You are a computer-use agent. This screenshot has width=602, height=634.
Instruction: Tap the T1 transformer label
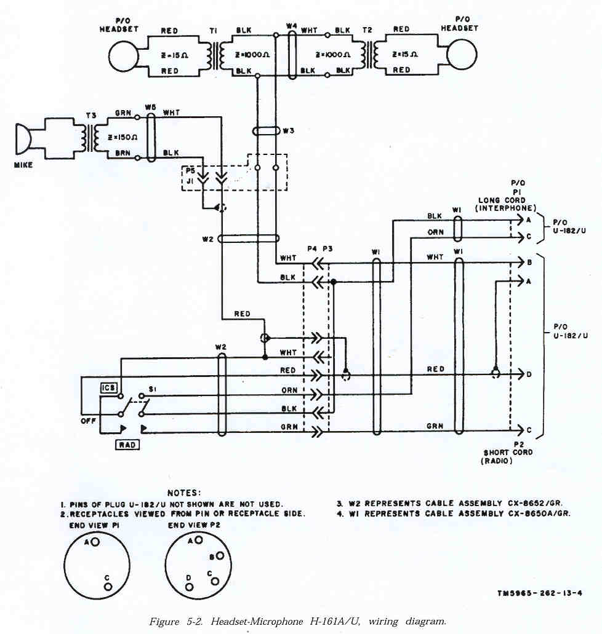(x=214, y=31)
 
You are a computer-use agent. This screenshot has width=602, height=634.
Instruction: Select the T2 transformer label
(x=367, y=30)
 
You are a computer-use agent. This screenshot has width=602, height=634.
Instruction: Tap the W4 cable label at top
(x=292, y=26)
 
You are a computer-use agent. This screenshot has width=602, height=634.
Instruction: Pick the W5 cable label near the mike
(x=150, y=107)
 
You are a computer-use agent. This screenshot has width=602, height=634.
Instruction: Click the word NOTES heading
(x=183, y=493)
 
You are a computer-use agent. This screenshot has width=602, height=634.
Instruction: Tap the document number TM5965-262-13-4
(x=540, y=593)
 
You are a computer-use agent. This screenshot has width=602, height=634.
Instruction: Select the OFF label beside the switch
(x=89, y=421)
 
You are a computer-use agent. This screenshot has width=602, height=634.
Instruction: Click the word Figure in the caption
(x=163, y=622)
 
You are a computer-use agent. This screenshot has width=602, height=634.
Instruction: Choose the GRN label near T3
(x=122, y=114)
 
